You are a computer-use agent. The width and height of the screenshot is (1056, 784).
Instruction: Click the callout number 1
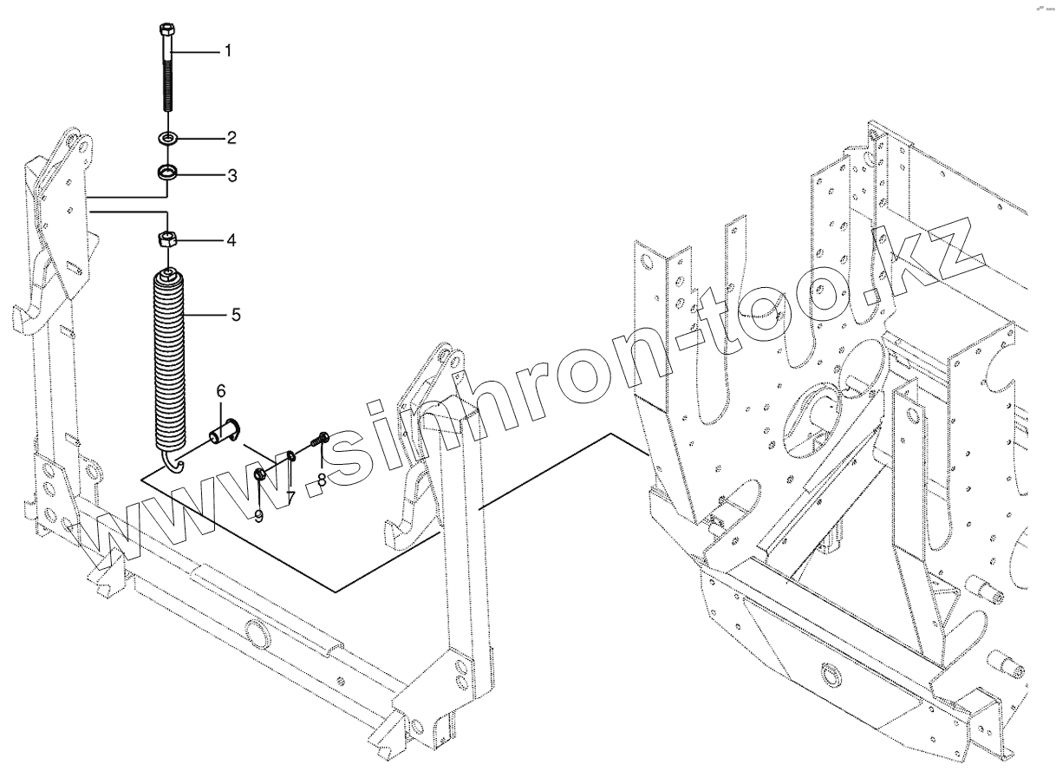click(228, 52)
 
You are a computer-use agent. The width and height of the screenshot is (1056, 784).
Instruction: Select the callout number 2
click(231, 138)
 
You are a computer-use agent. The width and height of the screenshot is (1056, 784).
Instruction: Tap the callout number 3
click(231, 176)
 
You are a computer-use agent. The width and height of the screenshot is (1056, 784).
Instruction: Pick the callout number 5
click(235, 315)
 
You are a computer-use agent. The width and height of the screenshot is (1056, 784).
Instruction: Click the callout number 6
click(220, 391)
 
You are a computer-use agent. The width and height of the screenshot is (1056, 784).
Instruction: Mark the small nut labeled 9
click(259, 474)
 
